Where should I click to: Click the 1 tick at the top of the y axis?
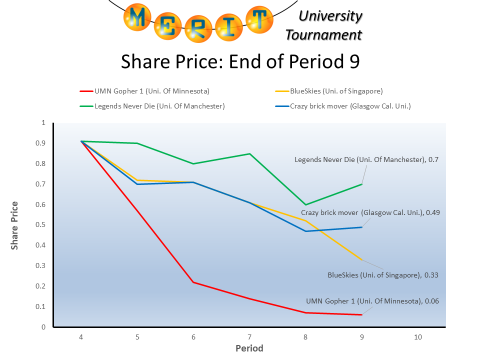(43, 122)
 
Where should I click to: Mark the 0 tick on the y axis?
(43, 327)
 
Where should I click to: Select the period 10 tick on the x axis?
(418, 337)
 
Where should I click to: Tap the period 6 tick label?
(193, 337)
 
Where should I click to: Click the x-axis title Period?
(249, 348)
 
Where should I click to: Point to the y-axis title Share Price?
(15, 225)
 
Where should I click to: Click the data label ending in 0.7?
(366, 159)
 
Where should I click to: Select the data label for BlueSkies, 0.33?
(379, 274)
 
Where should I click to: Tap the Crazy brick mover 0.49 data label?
(370, 212)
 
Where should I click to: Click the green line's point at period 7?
(249, 153)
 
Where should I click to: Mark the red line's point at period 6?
(193, 282)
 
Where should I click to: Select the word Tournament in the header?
(323, 34)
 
